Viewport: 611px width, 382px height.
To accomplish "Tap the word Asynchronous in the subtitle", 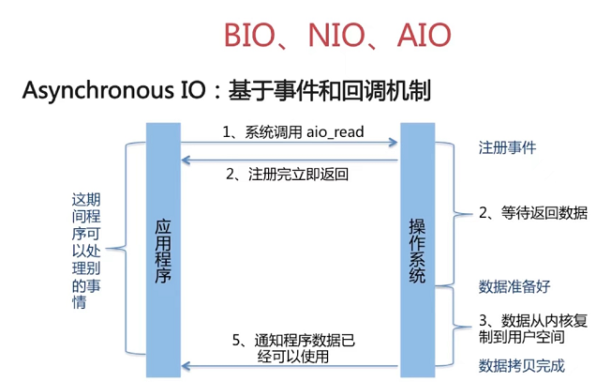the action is click(x=97, y=92).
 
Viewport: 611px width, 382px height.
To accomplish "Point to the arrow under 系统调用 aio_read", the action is click(x=290, y=144).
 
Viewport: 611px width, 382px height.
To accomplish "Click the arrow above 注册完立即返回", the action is click(x=290, y=160).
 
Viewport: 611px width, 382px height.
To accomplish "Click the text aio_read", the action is click(x=334, y=131).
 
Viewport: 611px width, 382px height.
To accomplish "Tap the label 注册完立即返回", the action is click(x=292, y=175).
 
